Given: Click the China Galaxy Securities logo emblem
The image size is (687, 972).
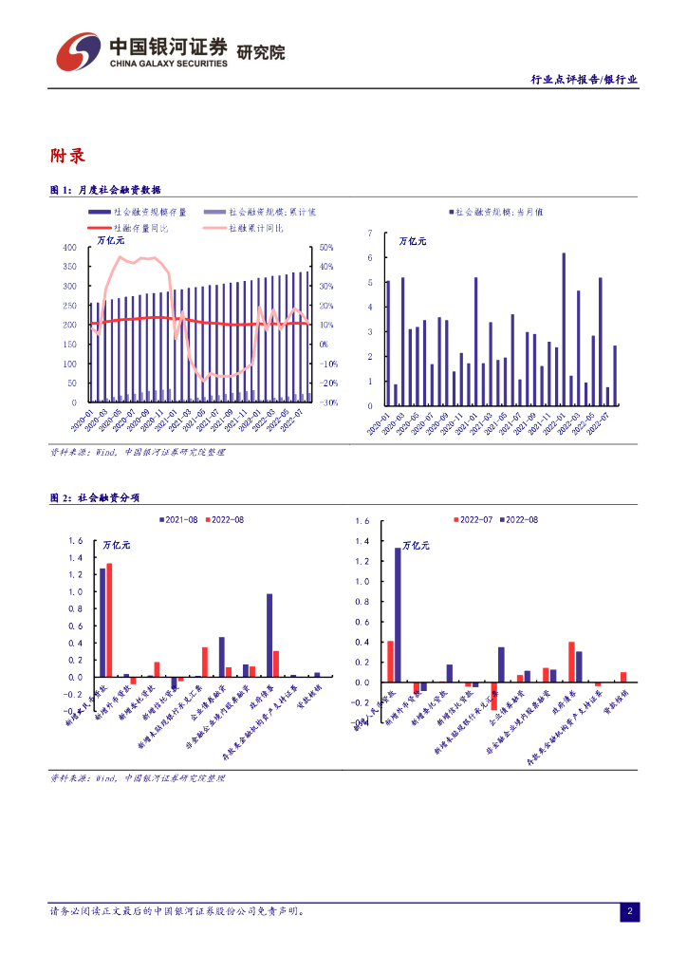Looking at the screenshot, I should coord(78,51).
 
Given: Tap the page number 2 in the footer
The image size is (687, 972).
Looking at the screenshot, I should coord(629,912).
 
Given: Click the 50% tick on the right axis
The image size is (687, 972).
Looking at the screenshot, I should coord(324,247).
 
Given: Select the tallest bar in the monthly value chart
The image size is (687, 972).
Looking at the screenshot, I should coord(564,328).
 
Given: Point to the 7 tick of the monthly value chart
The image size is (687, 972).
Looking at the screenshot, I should coord(369,233).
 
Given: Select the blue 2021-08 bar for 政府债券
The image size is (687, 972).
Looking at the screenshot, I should coord(269,635).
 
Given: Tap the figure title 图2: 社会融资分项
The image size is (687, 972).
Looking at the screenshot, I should coord(95,497).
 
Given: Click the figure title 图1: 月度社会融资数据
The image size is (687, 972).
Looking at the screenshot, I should coord(105,190).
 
